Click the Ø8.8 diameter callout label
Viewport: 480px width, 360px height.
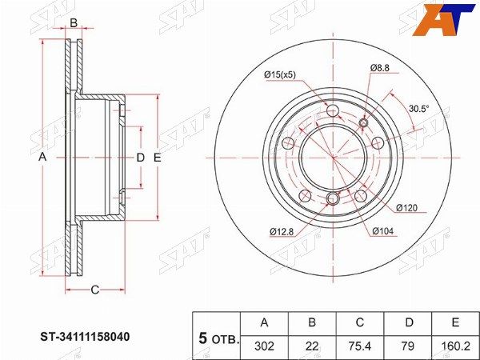point(379,68)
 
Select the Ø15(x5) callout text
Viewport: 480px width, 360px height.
point(280,74)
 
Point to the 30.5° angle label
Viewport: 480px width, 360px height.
point(419,108)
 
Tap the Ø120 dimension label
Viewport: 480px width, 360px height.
point(407,208)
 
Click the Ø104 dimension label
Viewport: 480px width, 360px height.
point(383,231)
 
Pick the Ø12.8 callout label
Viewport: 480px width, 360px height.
point(282,232)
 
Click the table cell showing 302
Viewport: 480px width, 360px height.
point(264,346)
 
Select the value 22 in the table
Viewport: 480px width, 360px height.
point(312,346)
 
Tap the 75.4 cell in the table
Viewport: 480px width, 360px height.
point(360,346)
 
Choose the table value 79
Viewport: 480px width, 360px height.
point(408,346)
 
